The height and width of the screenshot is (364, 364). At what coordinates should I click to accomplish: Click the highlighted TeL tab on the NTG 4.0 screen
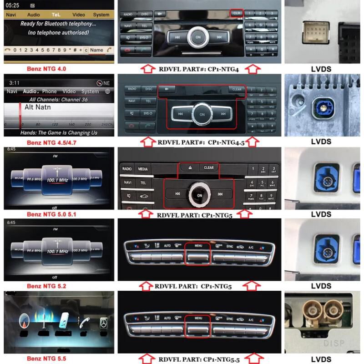[56, 15]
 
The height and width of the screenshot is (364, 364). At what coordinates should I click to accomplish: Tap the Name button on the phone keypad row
[96, 50]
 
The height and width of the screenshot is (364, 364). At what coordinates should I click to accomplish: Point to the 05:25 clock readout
[13, 5]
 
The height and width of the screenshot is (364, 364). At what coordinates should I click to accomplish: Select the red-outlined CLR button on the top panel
[237, 13]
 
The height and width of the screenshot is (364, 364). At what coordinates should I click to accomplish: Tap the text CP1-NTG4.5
[226, 142]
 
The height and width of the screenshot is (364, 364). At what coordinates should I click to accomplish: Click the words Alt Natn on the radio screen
[38, 107]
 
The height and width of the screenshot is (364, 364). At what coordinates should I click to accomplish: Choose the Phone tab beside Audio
[50, 91]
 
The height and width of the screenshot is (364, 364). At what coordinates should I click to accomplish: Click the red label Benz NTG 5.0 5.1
[49, 214]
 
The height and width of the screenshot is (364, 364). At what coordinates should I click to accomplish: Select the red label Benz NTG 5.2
[46, 286]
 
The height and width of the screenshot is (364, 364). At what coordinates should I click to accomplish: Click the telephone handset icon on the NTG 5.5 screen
[83, 324]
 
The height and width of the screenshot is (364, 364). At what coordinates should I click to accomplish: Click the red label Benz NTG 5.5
[46, 359]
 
